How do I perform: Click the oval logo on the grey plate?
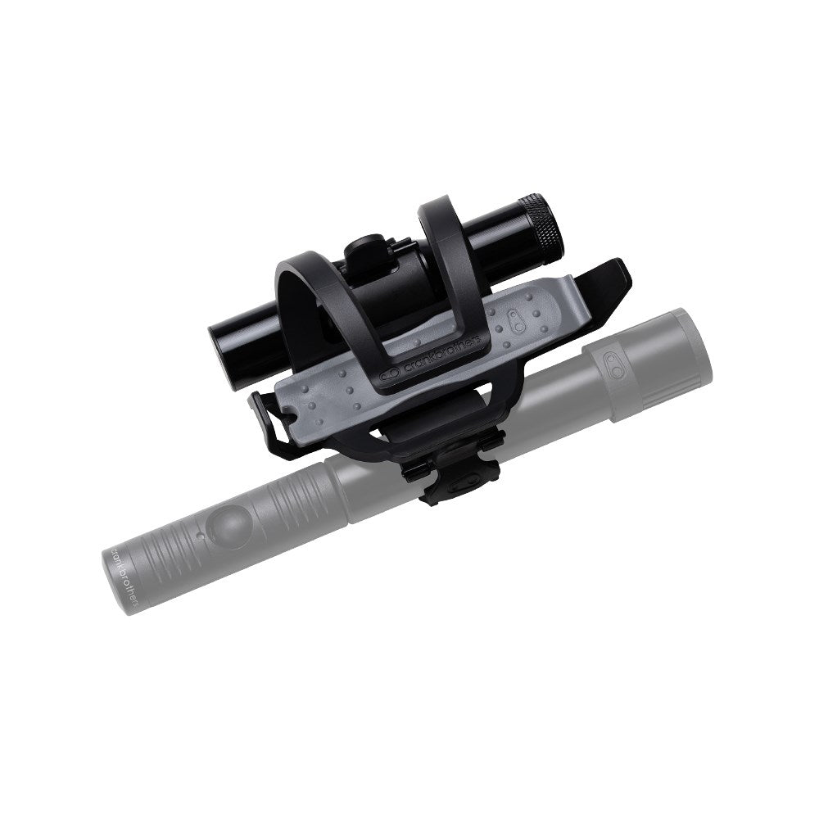pyautogui.click(x=519, y=321)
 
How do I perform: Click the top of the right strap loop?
pyautogui.click(x=447, y=210)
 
